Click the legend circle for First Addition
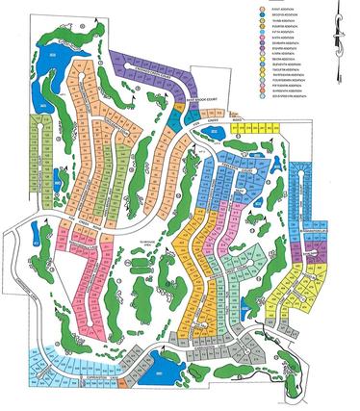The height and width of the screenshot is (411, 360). tap(262, 10)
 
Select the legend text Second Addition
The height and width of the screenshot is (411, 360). tap(285, 14)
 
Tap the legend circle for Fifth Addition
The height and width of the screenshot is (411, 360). tap(262, 31)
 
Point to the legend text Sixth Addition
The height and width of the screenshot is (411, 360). tap(284, 37)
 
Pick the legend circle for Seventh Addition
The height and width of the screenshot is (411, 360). tap(262, 42)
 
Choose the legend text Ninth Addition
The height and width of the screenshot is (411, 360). tap(284, 53)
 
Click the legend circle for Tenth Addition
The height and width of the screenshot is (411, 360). tap(262, 58)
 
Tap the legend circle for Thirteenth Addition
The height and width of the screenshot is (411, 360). tap(262, 74)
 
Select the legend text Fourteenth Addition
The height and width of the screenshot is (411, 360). tap(288, 80)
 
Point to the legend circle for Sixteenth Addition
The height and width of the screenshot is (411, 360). tap(262, 90)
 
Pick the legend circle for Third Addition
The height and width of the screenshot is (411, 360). tap(262, 20)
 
